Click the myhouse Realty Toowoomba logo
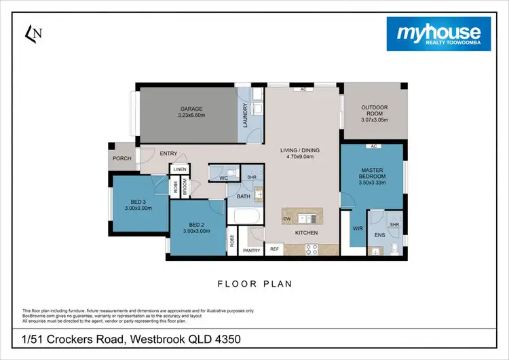(439, 34)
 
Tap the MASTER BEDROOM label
(373, 173)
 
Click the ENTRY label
(168, 154)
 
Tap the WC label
(223, 178)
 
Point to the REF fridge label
(275, 249)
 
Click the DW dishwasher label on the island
(287, 219)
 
